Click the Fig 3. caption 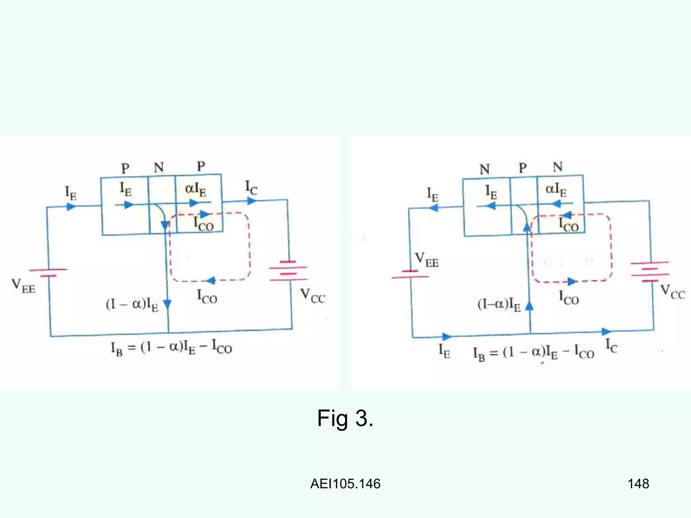[345, 419]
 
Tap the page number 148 [638, 484]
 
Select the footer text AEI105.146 [345, 484]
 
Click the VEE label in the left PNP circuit [23, 286]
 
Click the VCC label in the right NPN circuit [672, 292]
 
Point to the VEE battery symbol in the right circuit [410, 274]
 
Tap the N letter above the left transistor [159, 167]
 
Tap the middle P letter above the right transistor [523, 168]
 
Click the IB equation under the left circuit [171, 347]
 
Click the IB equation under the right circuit [533, 353]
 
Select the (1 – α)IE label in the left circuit [132, 305]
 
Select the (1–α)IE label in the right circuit [499, 305]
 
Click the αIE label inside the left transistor [196, 190]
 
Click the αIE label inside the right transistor [556, 190]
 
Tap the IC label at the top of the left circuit [251, 188]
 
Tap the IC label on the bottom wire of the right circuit [611, 346]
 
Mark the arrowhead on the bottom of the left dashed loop [211, 280]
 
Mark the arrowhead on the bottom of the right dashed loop [572, 281]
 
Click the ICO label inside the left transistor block [203, 224]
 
